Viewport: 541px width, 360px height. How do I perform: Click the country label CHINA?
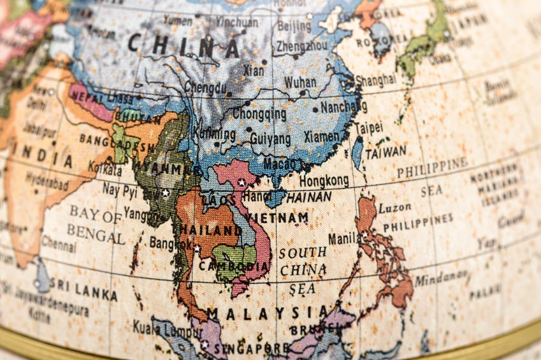click(x=183, y=46)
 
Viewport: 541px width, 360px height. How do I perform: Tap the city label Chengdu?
click(x=205, y=87)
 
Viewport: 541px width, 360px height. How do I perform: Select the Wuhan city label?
click(x=299, y=82)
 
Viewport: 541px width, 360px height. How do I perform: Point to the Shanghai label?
click(x=375, y=80)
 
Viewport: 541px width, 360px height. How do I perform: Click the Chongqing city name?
click(x=259, y=114)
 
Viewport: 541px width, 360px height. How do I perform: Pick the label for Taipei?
click(x=368, y=127)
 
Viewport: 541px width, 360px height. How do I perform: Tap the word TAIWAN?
click(x=386, y=152)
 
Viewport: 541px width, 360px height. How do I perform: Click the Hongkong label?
click(x=324, y=180)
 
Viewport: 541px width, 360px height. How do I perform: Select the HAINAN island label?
click(x=309, y=197)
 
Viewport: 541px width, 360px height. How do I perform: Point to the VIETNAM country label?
click(x=277, y=218)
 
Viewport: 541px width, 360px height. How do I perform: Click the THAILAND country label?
click(x=206, y=229)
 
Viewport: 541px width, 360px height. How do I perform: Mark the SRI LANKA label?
click(x=83, y=291)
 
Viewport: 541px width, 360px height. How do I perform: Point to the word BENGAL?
click(x=96, y=233)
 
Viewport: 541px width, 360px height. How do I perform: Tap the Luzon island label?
click(x=394, y=208)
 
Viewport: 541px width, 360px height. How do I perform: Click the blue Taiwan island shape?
click(x=357, y=152)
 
